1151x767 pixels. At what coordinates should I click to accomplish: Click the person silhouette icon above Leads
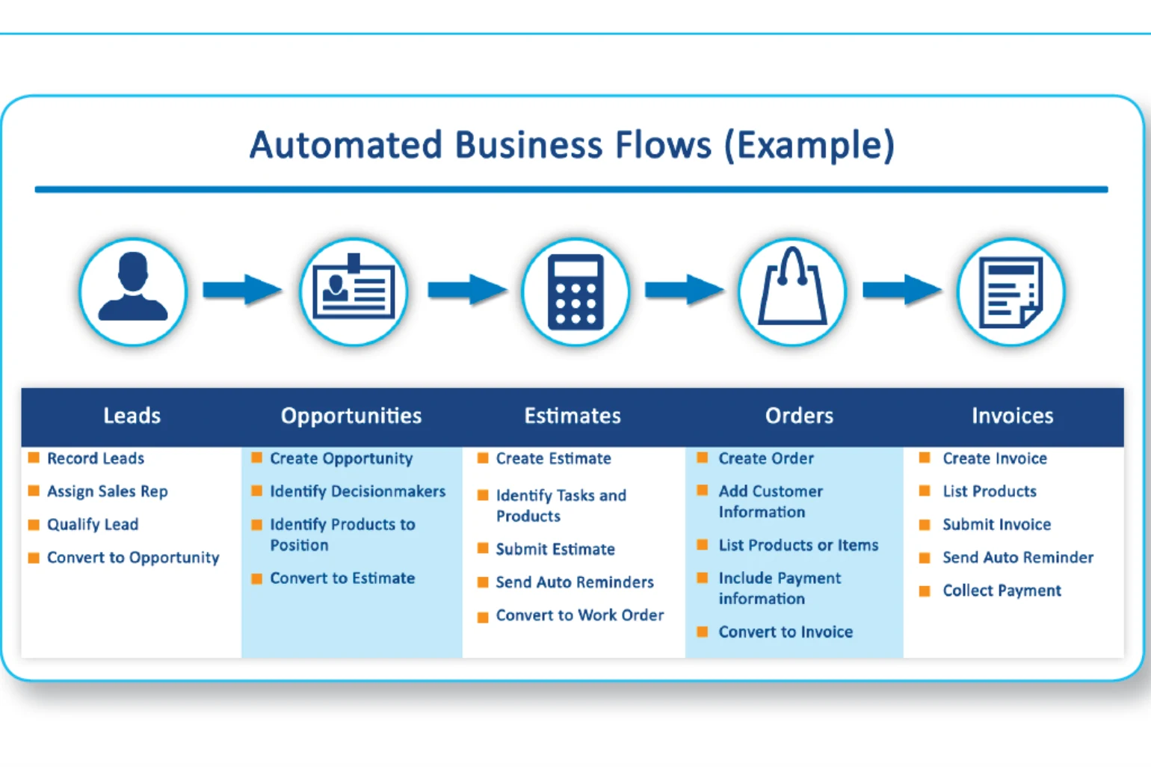tap(133, 286)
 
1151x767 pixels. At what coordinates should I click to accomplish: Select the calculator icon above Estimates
tap(575, 292)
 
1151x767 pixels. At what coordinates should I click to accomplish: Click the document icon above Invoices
tap(1011, 292)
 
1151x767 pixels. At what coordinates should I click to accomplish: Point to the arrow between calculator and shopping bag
tap(684, 289)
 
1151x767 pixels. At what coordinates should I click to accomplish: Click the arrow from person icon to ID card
tap(242, 289)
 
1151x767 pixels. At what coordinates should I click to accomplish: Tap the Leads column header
tap(132, 416)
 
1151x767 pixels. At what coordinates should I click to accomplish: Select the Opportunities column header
tap(351, 416)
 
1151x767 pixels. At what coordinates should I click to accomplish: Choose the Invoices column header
tap(1012, 416)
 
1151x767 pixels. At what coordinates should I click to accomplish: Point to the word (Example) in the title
tap(809, 146)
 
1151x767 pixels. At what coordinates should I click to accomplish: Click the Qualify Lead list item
tap(93, 524)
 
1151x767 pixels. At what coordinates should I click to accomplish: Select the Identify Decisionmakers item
tap(357, 491)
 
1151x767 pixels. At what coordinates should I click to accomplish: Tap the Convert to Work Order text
tap(580, 614)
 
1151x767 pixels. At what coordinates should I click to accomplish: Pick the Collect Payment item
tap(1002, 591)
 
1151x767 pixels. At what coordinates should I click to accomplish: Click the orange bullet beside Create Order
tap(703, 458)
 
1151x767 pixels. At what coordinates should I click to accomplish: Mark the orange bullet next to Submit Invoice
tap(925, 524)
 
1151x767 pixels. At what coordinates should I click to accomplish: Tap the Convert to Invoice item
tap(786, 632)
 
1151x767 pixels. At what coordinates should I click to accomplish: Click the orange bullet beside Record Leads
tap(34, 458)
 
